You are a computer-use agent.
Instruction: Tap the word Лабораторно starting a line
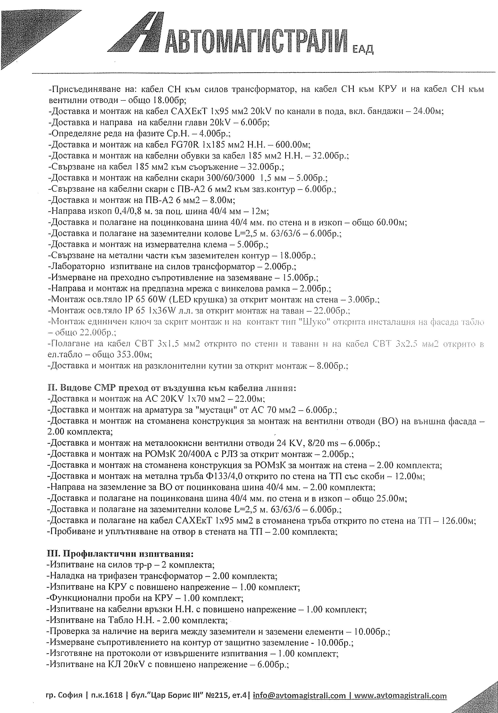point(78,267)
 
